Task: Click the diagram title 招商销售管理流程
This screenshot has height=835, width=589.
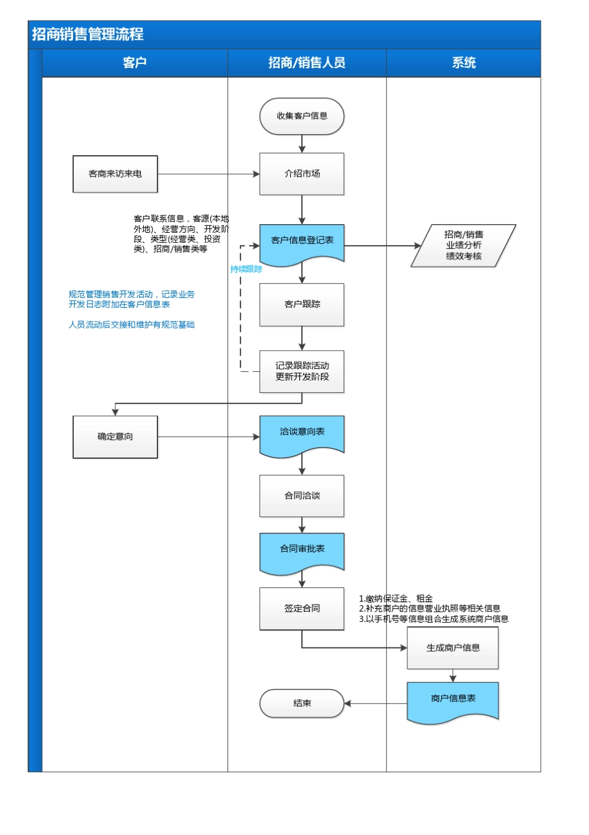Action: (x=87, y=34)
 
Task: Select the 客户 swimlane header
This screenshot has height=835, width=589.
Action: (x=135, y=63)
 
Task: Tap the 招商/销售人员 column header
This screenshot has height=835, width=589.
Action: (x=306, y=63)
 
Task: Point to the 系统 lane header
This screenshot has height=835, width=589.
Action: (x=463, y=63)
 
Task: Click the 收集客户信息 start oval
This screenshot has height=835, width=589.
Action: (x=302, y=116)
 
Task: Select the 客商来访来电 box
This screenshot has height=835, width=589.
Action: (x=115, y=174)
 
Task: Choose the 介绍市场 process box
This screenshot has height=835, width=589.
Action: (x=302, y=174)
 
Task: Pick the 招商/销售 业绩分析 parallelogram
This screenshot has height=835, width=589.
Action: (x=463, y=246)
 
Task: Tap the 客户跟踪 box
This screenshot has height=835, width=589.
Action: (x=302, y=304)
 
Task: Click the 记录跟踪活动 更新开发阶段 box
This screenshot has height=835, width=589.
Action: (x=302, y=371)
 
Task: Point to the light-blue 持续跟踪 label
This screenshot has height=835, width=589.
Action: (x=246, y=269)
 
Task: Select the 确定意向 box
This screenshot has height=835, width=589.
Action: (x=115, y=436)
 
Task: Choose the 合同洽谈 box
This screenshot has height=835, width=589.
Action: (x=302, y=495)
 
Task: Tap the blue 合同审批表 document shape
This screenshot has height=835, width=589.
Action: (x=302, y=551)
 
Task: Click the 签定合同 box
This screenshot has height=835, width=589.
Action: (x=302, y=608)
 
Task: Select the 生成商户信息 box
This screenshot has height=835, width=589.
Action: (x=453, y=648)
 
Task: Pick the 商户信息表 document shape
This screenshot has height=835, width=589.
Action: (x=453, y=701)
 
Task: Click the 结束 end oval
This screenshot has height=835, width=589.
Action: (x=302, y=703)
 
